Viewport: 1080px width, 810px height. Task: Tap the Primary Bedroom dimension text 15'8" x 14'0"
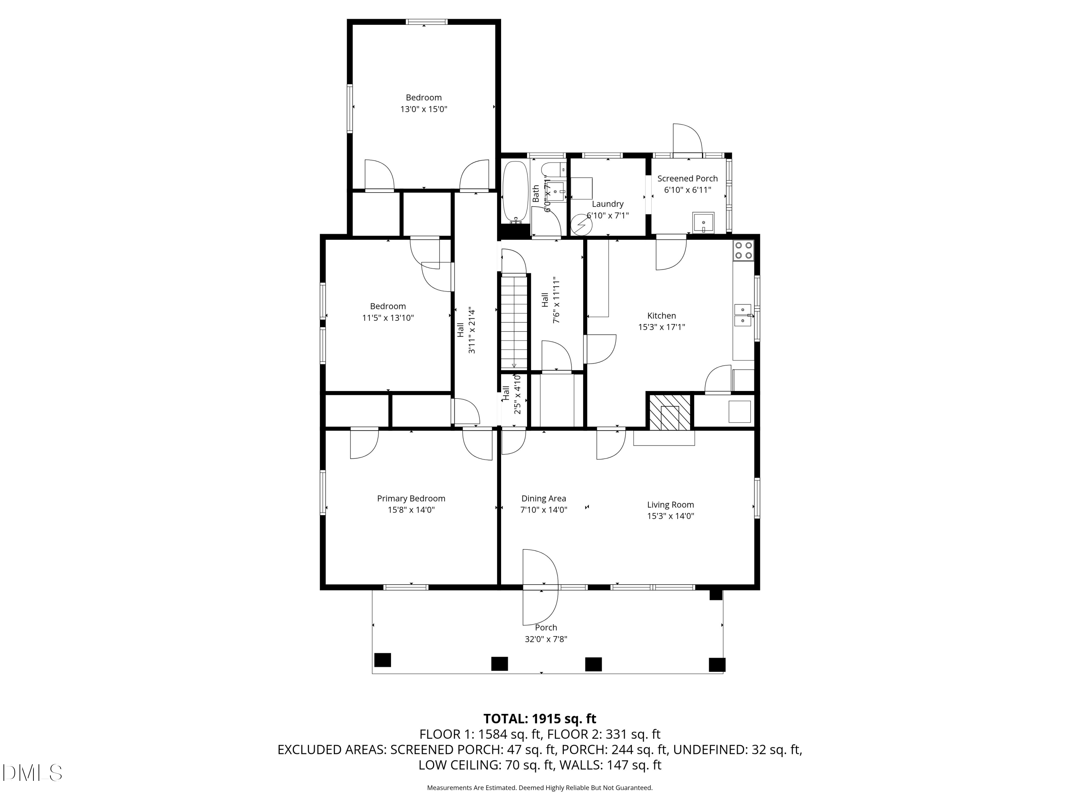411,510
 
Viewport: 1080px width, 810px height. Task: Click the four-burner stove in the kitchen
743,251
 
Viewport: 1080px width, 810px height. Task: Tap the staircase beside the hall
514,322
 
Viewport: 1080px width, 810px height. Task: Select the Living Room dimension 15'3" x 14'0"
670,516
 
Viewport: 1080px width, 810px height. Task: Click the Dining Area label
543,499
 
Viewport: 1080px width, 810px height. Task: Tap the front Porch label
545,628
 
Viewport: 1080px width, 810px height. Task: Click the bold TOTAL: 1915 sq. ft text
540,719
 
